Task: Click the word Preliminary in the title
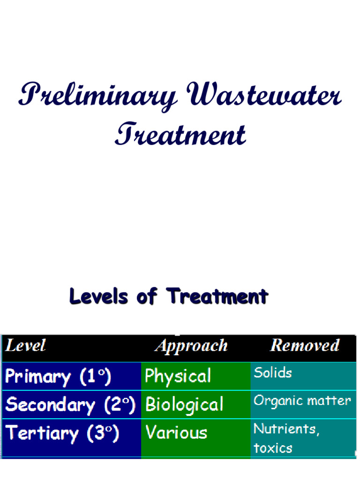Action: [x=97, y=96]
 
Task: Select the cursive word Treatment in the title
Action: [x=180, y=134]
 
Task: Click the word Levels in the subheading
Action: [x=98, y=296]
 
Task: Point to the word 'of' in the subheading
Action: [x=147, y=296]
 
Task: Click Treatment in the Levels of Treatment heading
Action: [x=217, y=296]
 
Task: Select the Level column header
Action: [x=25, y=345]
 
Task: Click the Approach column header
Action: [x=192, y=346]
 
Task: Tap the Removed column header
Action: [x=305, y=345]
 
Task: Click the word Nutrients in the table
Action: [x=286, y=429]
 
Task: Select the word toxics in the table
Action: [x=273, y=448]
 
